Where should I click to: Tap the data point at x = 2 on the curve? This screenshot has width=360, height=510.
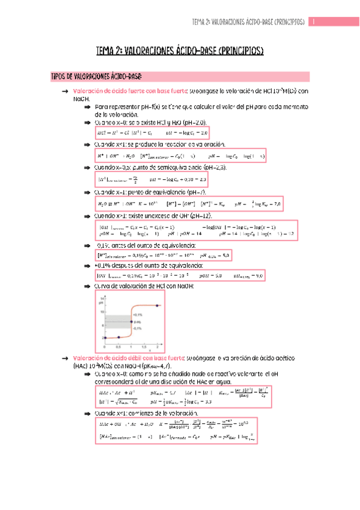pyautogui.click(x=157, y=306)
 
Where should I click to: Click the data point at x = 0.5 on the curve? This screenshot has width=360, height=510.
pyautogui.click(x=119, y=337)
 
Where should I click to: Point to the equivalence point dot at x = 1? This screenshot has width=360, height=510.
pyautogui.click(x=132, y=322)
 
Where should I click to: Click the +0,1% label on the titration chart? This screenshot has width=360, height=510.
pyautogui.click(x=137, y=315)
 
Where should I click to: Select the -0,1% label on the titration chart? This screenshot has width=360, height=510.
pyautogui.click(x=137, y=328)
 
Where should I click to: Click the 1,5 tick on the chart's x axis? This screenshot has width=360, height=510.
pyautogui.click(x=144, y=347)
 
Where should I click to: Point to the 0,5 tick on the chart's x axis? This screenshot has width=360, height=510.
pyautogui.click(x=119, y=347)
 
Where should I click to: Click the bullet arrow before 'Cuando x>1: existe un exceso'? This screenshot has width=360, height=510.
pyautogui.click(x=88, y=215)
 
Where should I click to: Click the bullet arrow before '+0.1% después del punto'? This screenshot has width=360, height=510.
pyautogui.click(x=88, y=265)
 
